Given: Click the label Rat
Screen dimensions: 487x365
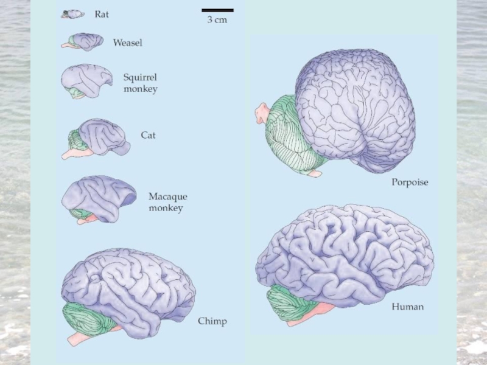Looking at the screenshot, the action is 102,14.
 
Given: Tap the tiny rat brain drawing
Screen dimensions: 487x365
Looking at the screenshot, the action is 72,14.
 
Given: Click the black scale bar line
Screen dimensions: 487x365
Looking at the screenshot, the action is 217,10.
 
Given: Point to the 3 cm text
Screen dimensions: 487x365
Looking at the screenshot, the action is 217,20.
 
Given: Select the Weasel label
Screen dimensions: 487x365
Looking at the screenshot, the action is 128,43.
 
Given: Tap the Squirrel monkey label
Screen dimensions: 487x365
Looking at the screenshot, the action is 140,83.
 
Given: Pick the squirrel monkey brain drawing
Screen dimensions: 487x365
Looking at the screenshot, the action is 85,81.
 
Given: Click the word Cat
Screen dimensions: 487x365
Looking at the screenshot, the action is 148,135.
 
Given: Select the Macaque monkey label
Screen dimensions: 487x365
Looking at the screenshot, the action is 167,202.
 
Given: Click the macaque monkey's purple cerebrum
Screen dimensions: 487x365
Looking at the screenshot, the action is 97,195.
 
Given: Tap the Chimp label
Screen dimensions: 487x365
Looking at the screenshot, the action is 212,321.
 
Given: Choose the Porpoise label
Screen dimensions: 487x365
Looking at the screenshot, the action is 409,182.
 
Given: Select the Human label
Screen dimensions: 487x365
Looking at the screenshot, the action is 407,307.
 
